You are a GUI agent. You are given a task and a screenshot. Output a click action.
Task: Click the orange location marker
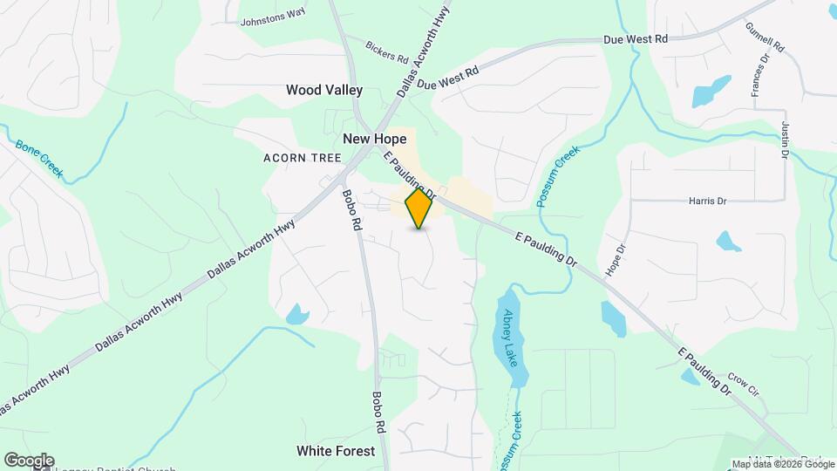click(x=419, y=208)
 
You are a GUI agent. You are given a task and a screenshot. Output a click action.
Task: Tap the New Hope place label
click(x=375, y=139)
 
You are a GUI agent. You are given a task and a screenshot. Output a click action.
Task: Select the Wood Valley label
click(x=324, y=90)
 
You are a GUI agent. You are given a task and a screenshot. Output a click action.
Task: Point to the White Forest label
click(x=336, y=451)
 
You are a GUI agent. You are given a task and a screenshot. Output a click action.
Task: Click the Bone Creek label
click(x=39, y=155)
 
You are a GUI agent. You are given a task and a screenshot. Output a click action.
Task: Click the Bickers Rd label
click(x=387, y=51)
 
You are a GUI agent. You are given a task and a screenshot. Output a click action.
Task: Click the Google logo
click(x=28, y=461)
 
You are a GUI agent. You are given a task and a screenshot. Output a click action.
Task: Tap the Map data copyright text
click(x=782, y=464)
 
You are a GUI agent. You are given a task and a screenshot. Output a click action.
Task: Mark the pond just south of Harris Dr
click(x=729, y=240)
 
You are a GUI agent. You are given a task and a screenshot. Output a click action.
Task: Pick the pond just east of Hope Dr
click(x=613, y=319)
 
